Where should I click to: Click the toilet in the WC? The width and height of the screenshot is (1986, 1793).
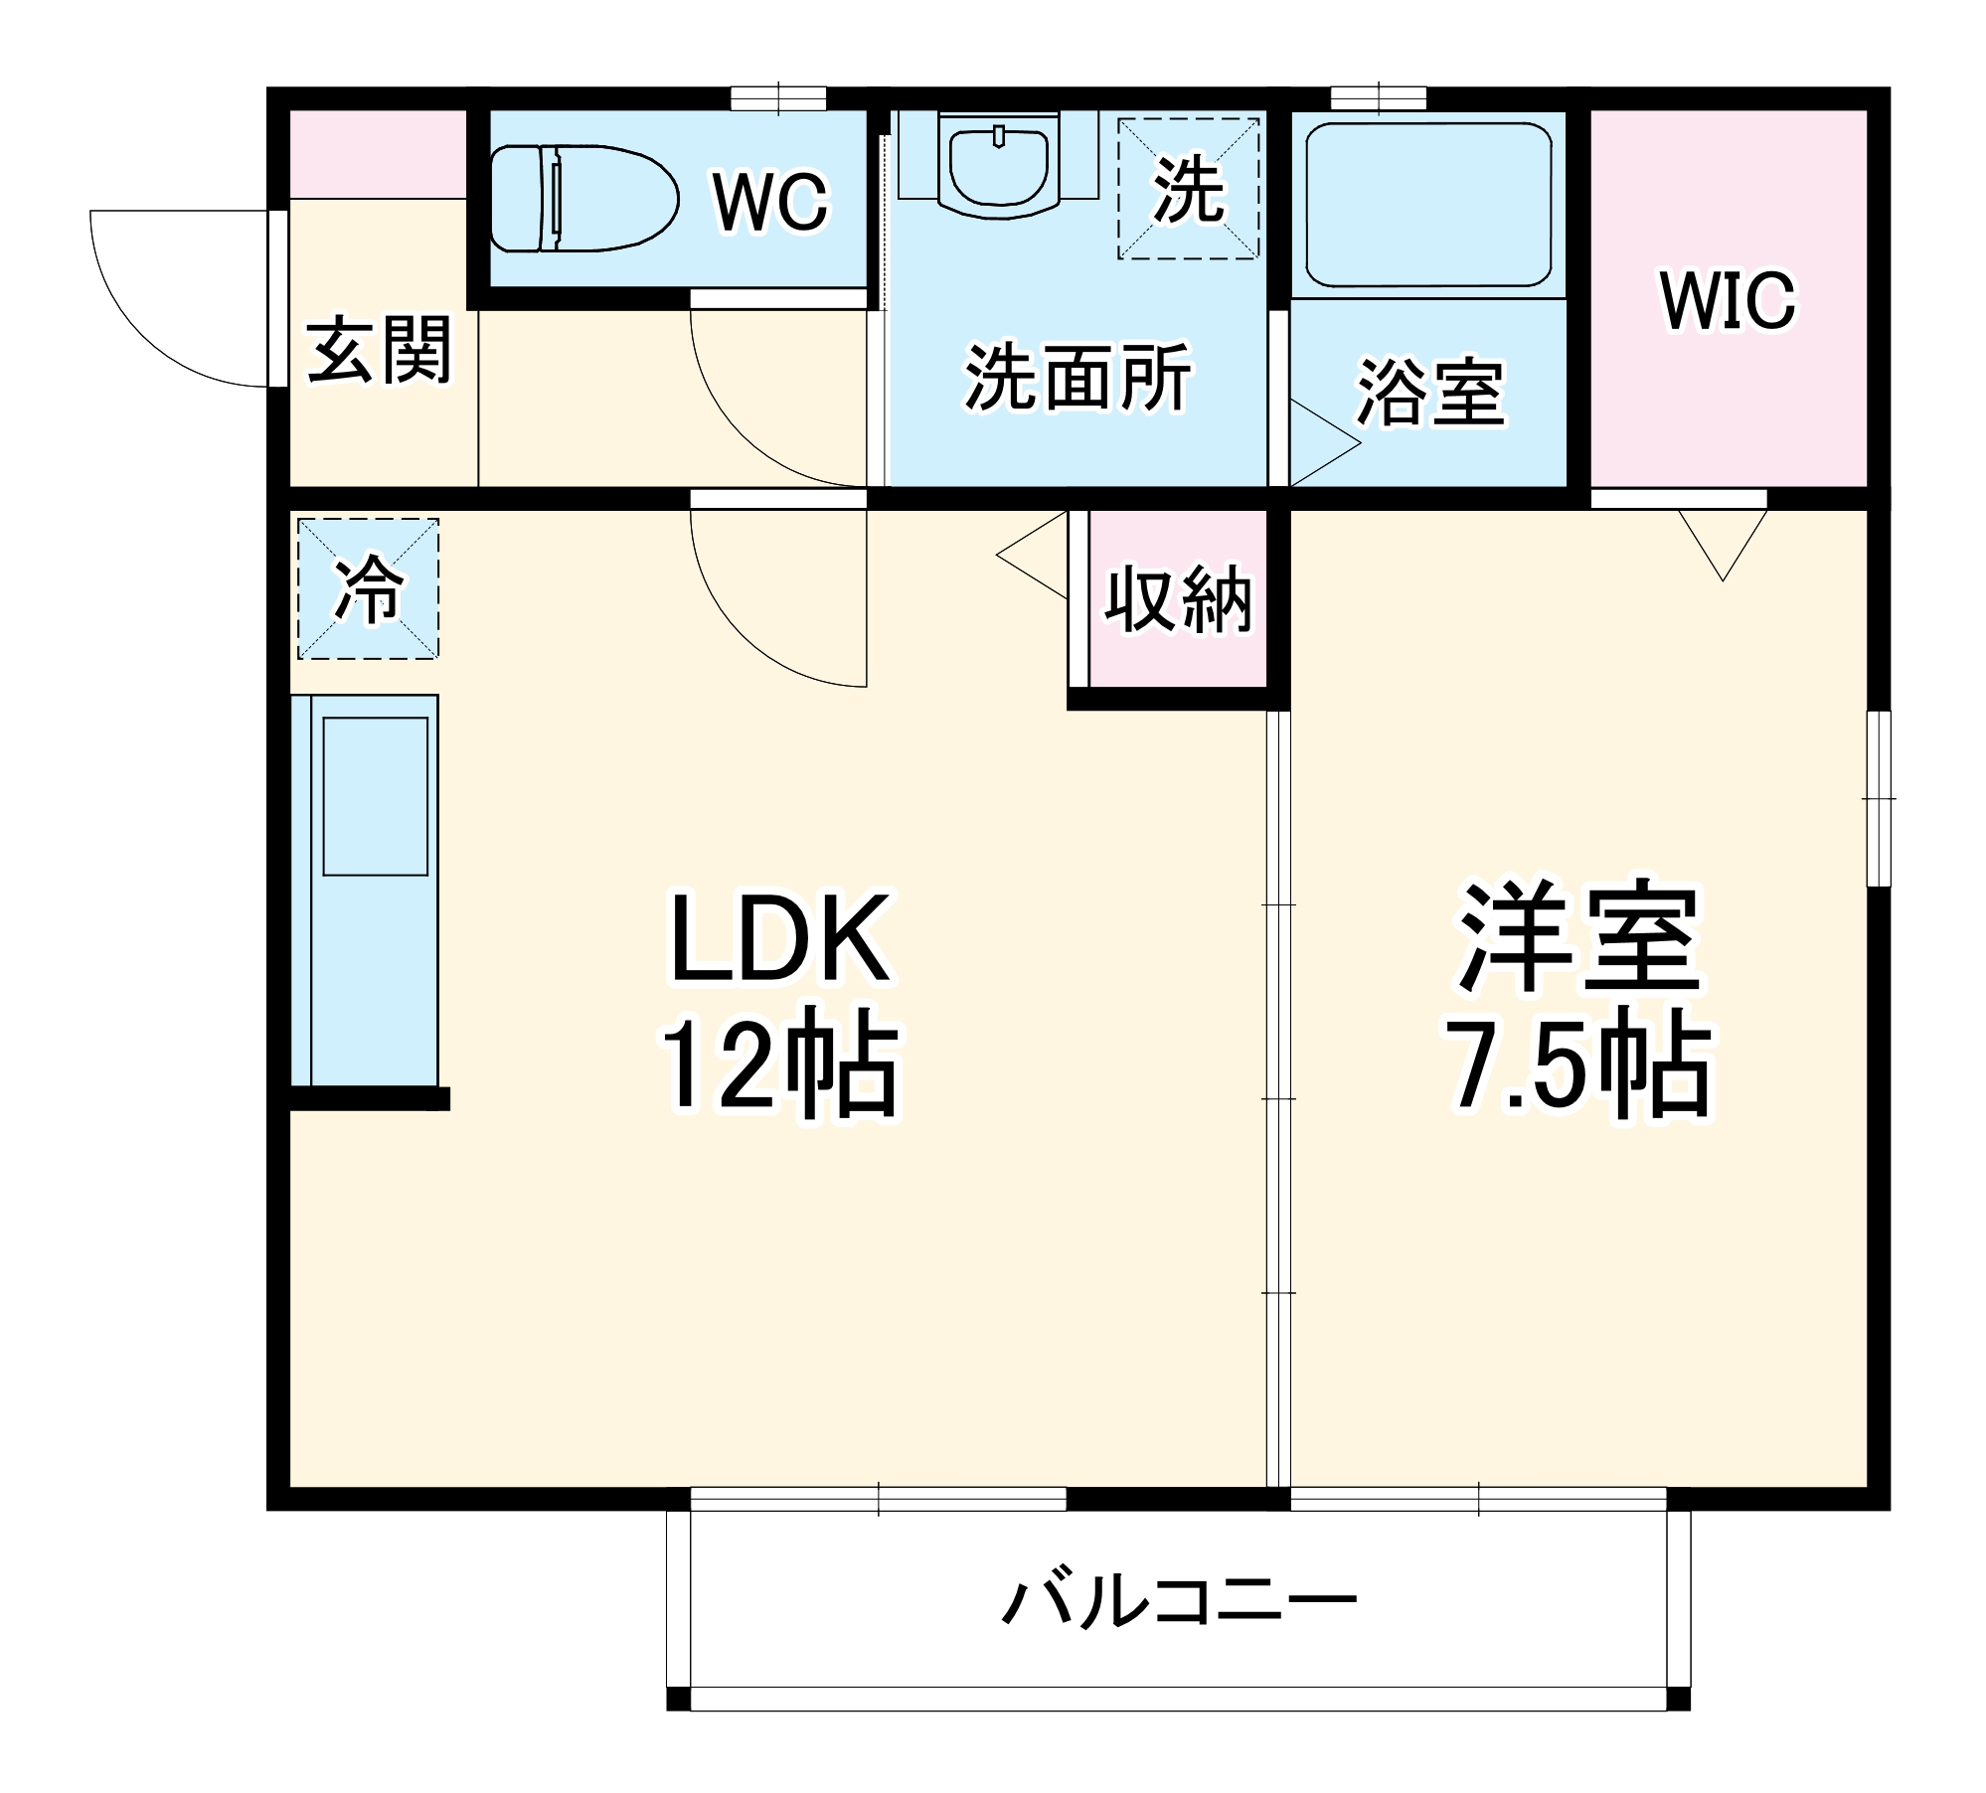[x=583, y=198]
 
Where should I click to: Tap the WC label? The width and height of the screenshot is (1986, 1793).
[x=770, y=202]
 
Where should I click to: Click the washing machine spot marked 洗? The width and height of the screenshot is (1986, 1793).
[x=1188, y=189]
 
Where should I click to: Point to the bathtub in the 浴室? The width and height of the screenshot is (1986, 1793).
[x=1428, y=205]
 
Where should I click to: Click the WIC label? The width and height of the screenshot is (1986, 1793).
[x=1728, y=299]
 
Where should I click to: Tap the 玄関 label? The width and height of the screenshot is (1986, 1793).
[x=379, y=350]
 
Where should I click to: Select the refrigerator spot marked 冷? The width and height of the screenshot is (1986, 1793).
[x=368, y=588]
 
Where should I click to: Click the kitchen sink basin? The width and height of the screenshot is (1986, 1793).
[x=376, y=796]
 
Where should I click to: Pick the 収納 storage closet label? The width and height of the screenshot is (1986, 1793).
[x=1178, y=599]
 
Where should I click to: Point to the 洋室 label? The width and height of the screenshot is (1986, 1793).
[x=1578, y=936]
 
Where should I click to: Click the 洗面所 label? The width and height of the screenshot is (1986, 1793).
[x=1077, y=378]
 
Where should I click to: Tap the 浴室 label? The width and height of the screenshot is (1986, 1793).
[x=1430, y=393]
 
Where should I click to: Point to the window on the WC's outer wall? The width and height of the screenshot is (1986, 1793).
[x=778, y=98]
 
